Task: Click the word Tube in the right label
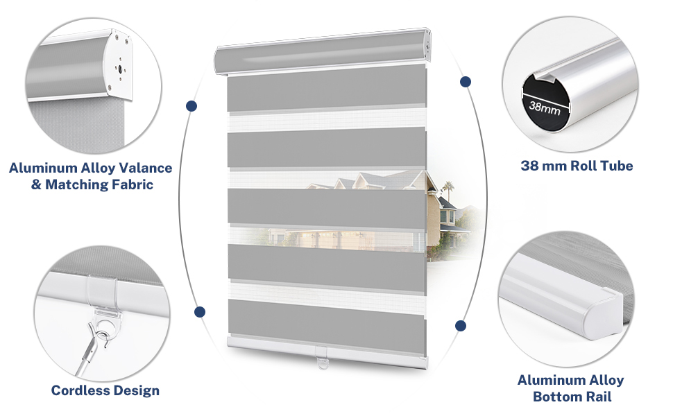point(616,166)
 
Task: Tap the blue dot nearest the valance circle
point(191,106)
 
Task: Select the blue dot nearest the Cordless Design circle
point(200,312)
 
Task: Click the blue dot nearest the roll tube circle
point(466,82)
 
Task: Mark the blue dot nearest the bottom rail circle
point(460,325)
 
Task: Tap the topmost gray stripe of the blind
point(326,88)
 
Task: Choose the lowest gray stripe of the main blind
point(326,319)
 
